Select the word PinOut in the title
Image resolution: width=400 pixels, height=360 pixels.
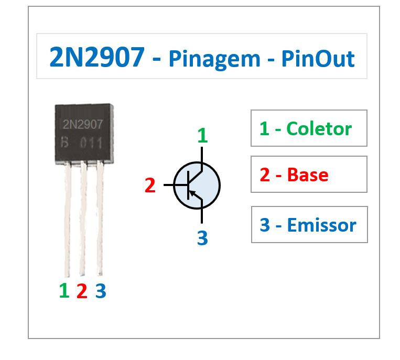318,59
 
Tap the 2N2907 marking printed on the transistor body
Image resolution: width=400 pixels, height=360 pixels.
83,124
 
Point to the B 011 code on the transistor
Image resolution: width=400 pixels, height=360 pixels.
82,143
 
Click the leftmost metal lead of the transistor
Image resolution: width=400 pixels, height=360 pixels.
67,220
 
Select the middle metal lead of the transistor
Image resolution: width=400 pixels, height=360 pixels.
83,220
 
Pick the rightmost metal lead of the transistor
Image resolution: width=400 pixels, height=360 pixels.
100,220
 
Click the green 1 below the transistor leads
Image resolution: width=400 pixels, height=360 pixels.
64,290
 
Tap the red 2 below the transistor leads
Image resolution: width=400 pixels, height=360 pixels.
82,291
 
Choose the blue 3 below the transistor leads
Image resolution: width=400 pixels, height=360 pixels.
101,291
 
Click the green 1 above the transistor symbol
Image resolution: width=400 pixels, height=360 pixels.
202,136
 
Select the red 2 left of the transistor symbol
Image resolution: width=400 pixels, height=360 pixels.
150,185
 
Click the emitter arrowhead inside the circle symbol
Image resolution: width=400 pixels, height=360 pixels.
192,193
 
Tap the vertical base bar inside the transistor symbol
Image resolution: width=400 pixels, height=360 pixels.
187,185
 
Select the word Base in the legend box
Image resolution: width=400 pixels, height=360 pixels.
308,174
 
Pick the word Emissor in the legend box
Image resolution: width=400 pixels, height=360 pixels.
321,225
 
